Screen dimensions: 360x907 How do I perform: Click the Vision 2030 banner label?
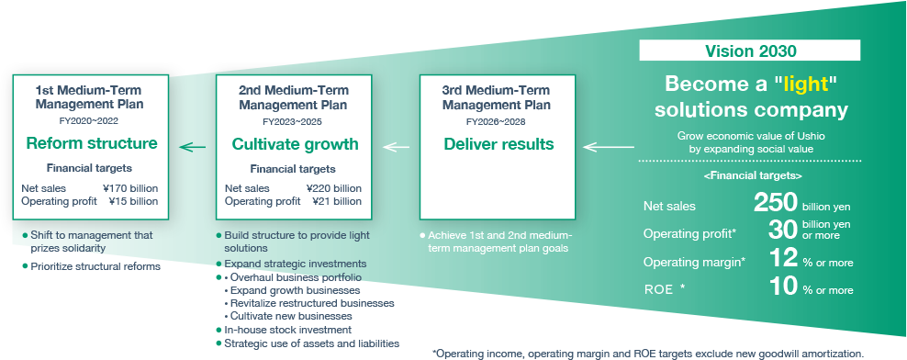[x=751, y=51]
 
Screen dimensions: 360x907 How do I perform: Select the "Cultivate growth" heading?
[x=295, y=144]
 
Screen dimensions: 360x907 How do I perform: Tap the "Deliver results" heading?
[x=498, y=144]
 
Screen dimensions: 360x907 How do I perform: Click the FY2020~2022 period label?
[x=90, y=120]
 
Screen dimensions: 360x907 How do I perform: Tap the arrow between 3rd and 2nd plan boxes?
[x=396, y=146]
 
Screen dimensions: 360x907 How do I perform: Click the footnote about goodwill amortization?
[x=647, y=353]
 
